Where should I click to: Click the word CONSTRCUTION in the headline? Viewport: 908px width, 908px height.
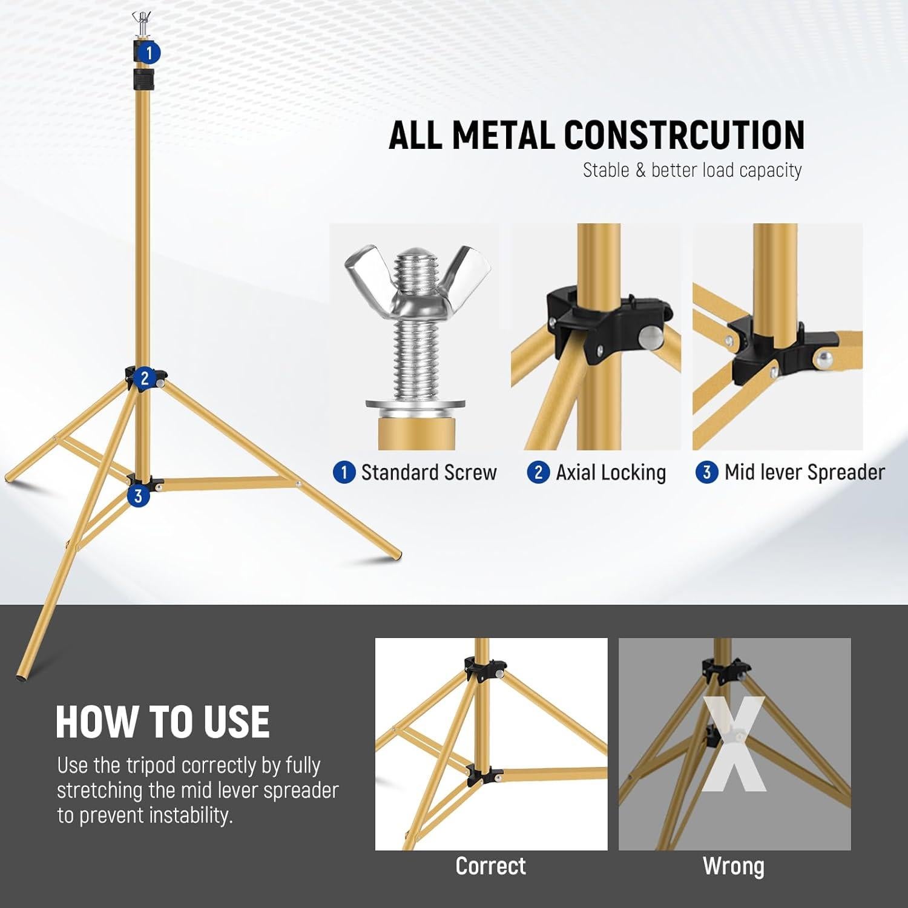coord(684,134)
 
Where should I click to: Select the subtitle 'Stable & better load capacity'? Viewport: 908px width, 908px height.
coord(692,170)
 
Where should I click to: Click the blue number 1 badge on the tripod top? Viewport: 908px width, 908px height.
coord(150,53)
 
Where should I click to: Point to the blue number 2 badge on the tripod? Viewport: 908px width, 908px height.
coord(144,379)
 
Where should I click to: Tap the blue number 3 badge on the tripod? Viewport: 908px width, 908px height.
coord(139,496)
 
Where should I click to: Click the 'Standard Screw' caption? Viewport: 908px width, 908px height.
coord(429,472)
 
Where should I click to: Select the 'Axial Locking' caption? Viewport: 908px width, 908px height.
coord(610,472)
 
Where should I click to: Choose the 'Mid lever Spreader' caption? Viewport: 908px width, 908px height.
coord(804,472)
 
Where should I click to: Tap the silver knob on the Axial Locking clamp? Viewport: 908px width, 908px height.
coord(649,337)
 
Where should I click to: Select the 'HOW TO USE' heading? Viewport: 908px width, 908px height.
coord(162,722)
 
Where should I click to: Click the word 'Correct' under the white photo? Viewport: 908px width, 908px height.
coord(490,866)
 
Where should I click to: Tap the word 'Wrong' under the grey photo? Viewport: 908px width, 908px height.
coord(734,866)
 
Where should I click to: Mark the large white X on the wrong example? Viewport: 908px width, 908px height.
coord(734,745)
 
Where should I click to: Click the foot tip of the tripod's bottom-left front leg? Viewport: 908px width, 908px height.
coord(22,675)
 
